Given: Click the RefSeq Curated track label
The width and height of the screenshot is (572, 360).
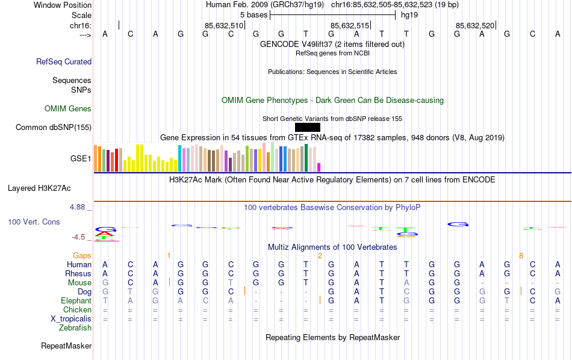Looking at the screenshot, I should [64, 61].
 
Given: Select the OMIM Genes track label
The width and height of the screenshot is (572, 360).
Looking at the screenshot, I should [68, 108].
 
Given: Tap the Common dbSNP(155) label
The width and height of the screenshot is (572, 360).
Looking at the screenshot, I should [54, 127].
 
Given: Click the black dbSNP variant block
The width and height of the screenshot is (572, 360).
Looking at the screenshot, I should [308, 127].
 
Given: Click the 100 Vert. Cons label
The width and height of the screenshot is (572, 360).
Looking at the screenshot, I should [34, 222].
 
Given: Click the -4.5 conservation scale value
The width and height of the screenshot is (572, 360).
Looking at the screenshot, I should [78, 237].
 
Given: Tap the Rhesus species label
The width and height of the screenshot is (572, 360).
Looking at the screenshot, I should [78, 273].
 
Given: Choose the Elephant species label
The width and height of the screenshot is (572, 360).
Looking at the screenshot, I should [76, 300].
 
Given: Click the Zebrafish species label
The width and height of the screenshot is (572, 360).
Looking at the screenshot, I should [75, 327].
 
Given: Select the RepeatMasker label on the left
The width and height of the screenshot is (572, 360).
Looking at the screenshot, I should [66, 346].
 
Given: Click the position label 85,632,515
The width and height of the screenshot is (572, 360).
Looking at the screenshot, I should [349, 25].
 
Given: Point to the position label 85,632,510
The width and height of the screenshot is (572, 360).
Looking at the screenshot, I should [224, 25].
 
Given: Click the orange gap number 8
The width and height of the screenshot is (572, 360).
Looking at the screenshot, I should [521, 255].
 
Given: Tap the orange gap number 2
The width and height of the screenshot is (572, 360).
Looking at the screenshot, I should [320, 255].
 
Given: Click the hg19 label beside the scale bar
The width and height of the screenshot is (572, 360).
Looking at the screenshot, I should [409, 14].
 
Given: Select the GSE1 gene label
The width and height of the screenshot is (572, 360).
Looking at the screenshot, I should [81, 158].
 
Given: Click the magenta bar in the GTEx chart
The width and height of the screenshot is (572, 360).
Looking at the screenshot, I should [319, 167].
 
